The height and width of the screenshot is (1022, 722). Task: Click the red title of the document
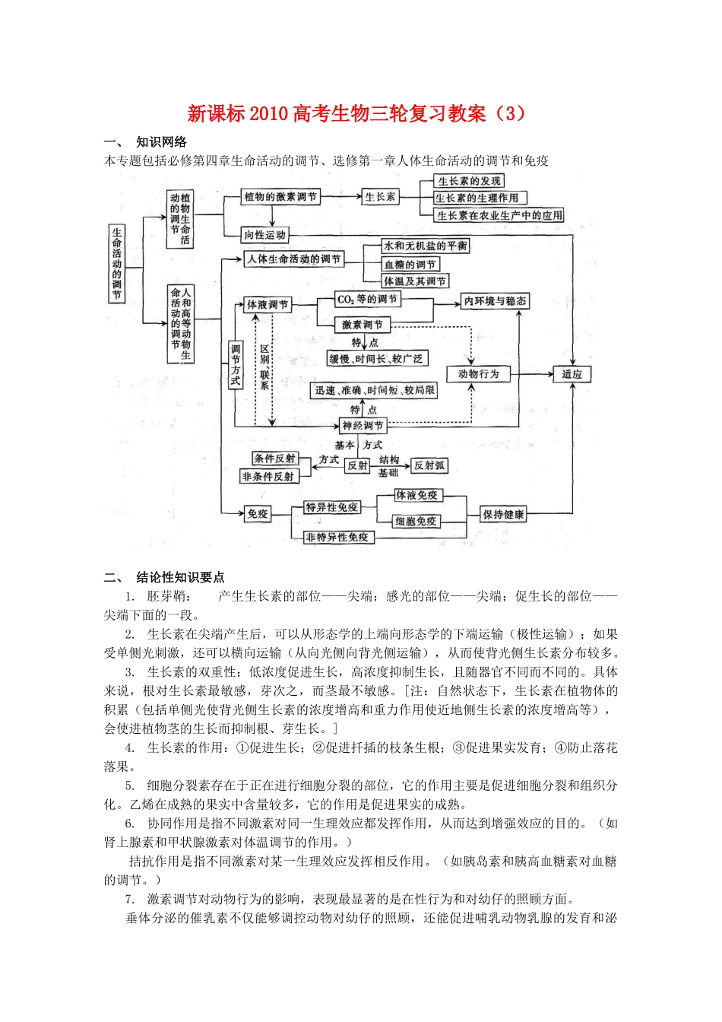point(356,114)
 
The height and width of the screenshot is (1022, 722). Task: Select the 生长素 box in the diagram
point(380,197)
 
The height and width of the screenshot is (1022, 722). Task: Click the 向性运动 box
point(264,235)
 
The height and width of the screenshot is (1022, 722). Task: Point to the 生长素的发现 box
point(469,181)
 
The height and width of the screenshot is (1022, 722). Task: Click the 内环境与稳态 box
point(495,301)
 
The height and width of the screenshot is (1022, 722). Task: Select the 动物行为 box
point(479,374)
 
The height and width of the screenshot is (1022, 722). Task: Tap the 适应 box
point(572,374)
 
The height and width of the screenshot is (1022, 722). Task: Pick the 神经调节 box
point(363,426)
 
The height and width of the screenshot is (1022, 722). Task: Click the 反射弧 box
point(429,465)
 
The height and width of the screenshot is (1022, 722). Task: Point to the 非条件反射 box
point(268,477)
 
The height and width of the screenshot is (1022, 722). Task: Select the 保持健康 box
point(504,515)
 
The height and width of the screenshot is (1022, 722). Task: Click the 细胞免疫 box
point(416,521)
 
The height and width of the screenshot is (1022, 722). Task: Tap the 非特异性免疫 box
point(337,538)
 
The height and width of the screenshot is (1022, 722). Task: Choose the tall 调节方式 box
point(236,365)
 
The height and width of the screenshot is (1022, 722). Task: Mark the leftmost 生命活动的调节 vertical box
point(117,263)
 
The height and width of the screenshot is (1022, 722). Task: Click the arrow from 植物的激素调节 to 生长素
point(341,197)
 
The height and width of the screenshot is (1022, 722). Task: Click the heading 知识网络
point(161,142)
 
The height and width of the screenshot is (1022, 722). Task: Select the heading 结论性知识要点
point(180,577)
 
